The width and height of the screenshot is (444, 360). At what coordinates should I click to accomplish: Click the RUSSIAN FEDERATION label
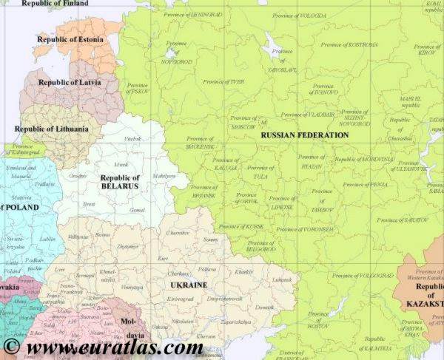(305, 135)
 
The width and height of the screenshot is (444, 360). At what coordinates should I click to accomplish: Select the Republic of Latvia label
(70, 83)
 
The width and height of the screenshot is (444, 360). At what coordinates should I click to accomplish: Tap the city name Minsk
(121, 164)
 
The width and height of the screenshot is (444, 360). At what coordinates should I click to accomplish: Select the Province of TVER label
(224, 81)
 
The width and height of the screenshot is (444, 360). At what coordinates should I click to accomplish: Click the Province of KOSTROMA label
(352, 44)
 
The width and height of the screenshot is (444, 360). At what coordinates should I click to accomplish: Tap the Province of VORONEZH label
(304, 229)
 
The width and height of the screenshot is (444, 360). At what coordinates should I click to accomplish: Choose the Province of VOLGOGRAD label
(362, 275)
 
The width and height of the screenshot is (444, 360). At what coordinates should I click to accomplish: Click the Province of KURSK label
(241, 226)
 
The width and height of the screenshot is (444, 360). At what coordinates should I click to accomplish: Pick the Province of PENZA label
(360, 183)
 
